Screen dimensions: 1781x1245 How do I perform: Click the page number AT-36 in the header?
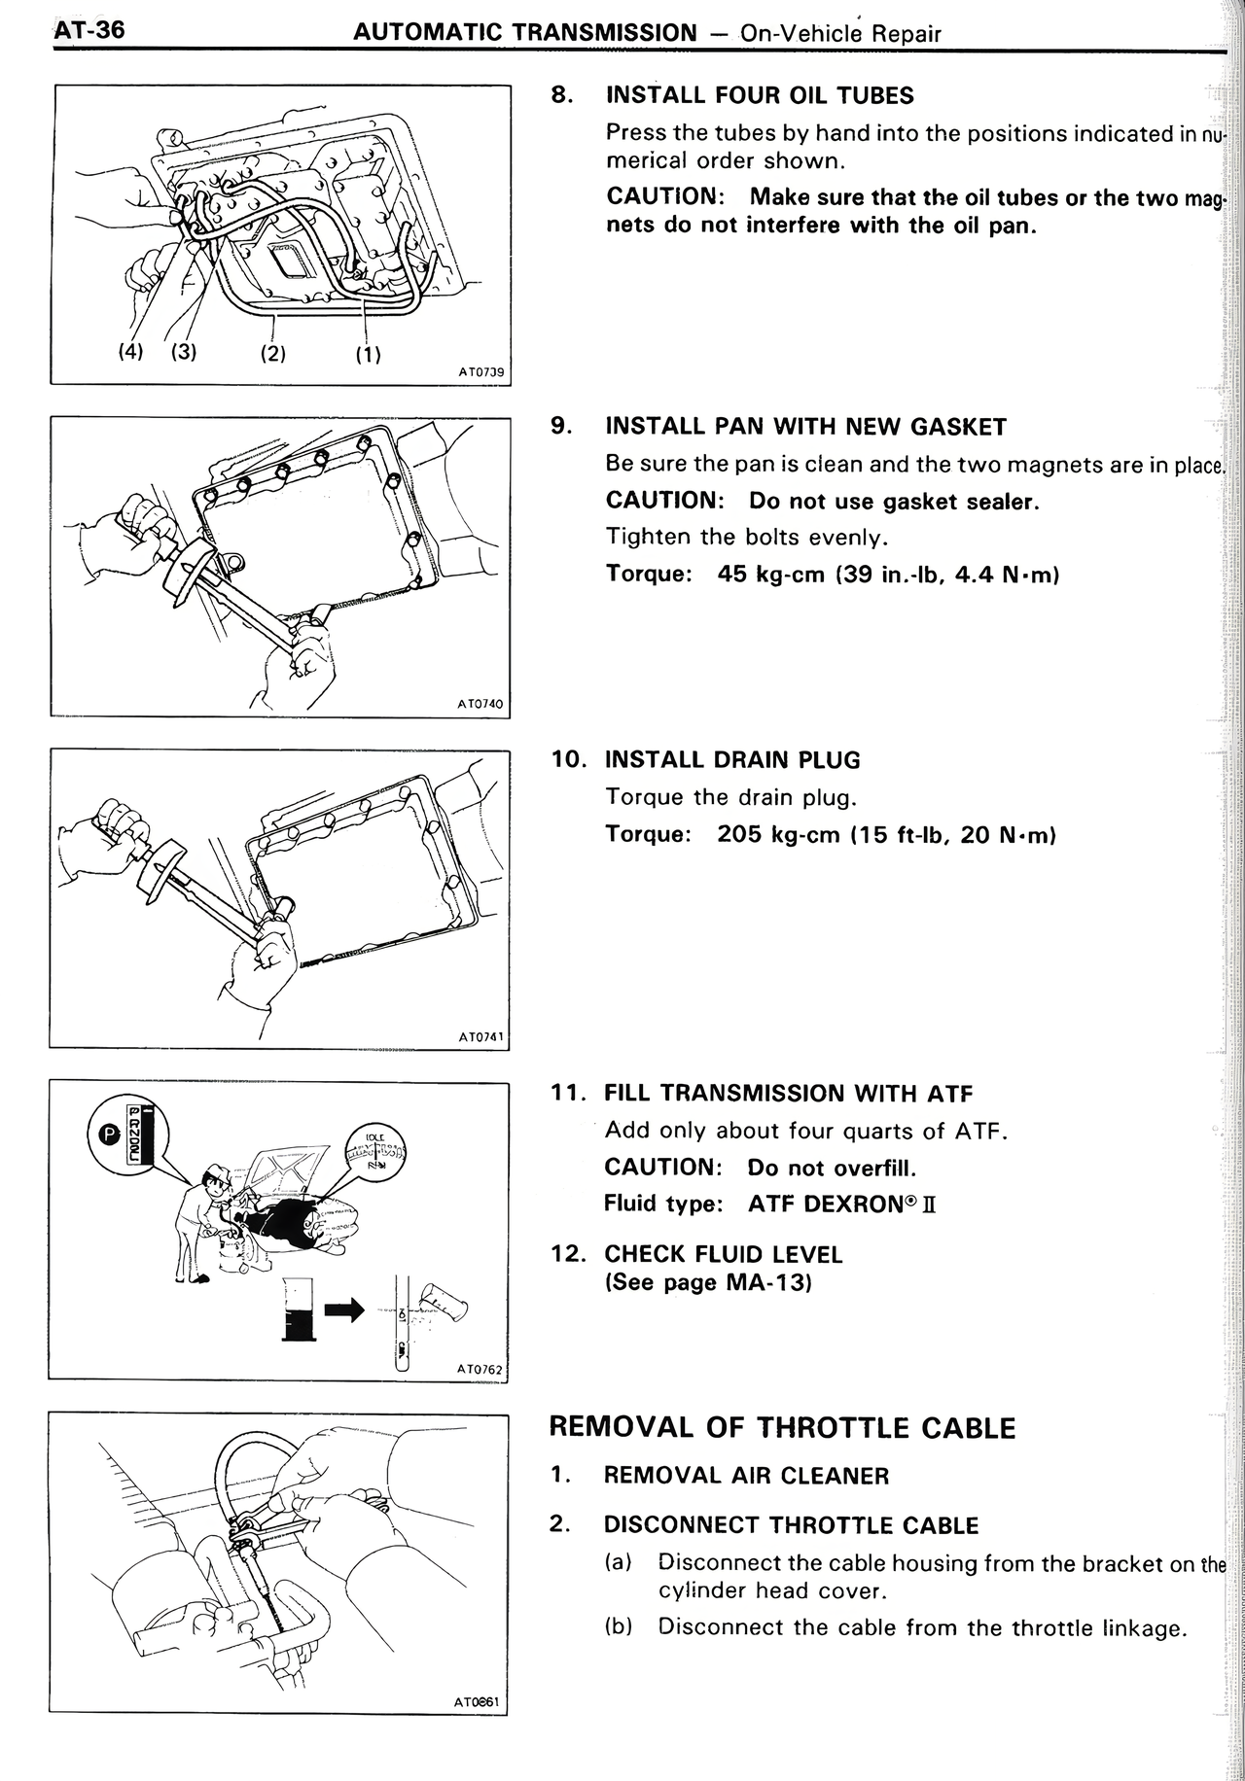89,30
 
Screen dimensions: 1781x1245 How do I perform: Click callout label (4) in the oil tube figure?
130,351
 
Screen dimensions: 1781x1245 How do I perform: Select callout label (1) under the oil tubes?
368,355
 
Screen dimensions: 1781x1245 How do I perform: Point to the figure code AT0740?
480,703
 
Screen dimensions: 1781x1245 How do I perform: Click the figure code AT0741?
480,1036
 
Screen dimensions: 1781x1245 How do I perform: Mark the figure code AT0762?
480,1369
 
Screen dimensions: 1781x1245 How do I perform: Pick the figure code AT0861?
477,1701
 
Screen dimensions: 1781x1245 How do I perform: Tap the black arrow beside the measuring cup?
343,1310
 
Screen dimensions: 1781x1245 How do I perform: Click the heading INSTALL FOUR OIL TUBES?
759,95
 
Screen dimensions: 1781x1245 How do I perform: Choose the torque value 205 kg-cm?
778,835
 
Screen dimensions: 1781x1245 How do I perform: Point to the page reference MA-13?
768,1282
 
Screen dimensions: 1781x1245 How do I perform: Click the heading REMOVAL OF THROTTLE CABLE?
782,1427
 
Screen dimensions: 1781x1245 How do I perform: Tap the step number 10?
568,759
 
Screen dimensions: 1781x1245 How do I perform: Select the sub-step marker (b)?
619,1626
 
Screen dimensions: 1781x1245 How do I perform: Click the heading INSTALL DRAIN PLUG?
732,759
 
